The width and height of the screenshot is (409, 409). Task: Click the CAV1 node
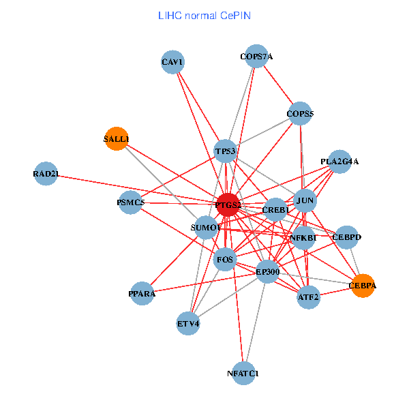[x=173, y=63]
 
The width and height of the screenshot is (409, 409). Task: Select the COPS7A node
[x=256, y=57]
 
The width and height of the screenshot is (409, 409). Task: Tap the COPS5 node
[x=300, y=113]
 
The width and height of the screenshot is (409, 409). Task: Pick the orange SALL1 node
[x=117, y=139]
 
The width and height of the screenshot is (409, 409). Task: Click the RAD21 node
[x=45, y=174]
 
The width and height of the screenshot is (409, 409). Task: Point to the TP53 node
[x=225, y=151]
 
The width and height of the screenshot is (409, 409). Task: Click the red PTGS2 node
[x=228, y=204]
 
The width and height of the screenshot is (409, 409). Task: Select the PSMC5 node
[x=130, y=202]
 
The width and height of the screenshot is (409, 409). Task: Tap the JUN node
[x=305, y=201]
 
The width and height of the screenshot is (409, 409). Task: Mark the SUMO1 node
[x=205, y=226]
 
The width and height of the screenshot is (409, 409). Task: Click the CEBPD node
[x=346, y=237]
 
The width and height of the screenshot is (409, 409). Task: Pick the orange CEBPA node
[x=362, y=286]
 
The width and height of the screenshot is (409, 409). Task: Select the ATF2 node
[x=308, y=297]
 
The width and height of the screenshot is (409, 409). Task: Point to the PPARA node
[x=142, y=294]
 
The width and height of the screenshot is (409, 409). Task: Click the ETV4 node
[x=188, y=323]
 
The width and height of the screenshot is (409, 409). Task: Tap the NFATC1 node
[x=243, y=374]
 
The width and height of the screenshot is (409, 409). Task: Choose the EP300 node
[x=267, y=272]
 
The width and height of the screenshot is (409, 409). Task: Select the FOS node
[x=225, y=259]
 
